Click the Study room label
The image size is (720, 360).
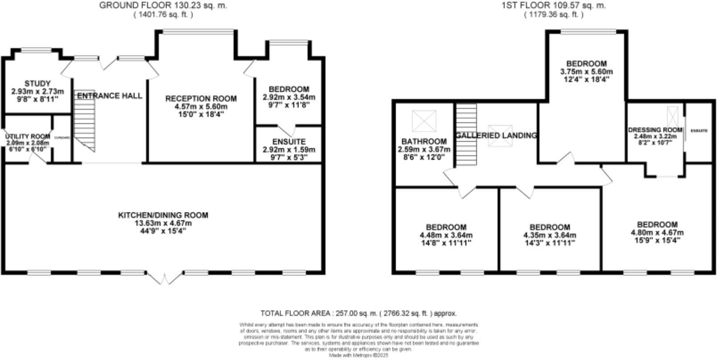pos(37,83)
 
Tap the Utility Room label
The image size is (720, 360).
pos(28,136)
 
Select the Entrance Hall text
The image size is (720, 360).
pos(110,96)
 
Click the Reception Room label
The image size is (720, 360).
pos(200,98)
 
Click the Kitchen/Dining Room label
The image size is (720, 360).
pos(163,215)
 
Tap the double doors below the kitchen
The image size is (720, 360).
pos(164,278)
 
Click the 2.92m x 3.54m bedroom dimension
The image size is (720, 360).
pos(289,97)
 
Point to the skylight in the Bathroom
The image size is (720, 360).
pos(425,121)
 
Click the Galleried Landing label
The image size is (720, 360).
pos(496,135)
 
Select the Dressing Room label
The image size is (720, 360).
pos(655,130)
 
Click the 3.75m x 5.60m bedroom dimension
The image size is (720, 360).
pos(586,72)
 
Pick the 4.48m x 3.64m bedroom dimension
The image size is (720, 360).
pos(446,235)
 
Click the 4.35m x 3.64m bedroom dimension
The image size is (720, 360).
pos(549,235)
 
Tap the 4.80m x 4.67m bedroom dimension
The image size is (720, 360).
pos(657,233)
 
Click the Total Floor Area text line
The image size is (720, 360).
pos(358,313)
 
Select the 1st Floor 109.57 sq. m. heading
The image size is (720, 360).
pos(553,6)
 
